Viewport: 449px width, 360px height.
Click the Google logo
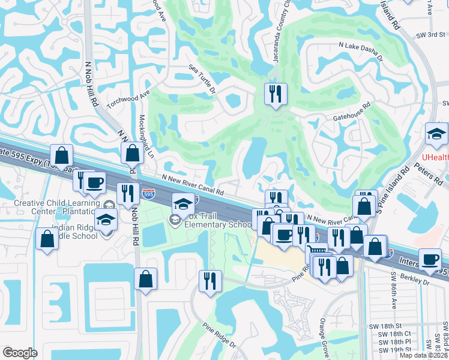(20, 353)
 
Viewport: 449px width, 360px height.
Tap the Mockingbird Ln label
(146, 137)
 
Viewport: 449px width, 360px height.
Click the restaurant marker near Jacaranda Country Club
(276, 94)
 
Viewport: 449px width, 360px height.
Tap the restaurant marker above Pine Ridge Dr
(210, 281)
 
